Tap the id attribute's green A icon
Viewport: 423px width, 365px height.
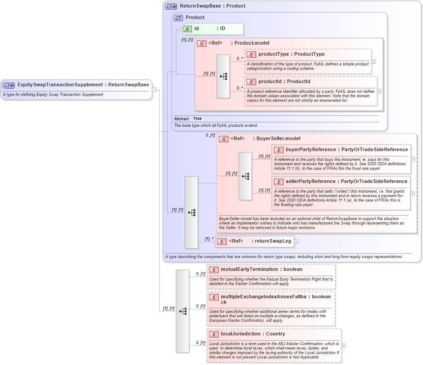coord(187,29)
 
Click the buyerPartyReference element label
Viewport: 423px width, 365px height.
coord(311,150)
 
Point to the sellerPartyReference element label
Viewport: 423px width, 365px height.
coord(311,182)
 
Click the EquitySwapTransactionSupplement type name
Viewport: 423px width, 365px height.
coord(60,85)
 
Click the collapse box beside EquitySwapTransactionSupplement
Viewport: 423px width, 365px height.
coord(154,90)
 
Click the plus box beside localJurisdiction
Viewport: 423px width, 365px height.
coord(344,346)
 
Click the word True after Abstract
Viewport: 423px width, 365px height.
coord(197,119)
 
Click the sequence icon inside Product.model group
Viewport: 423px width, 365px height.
coord(223,76)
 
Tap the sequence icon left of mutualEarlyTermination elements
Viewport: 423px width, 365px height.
coord(183,311)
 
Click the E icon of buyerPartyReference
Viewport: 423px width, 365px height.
coord(278,150)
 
